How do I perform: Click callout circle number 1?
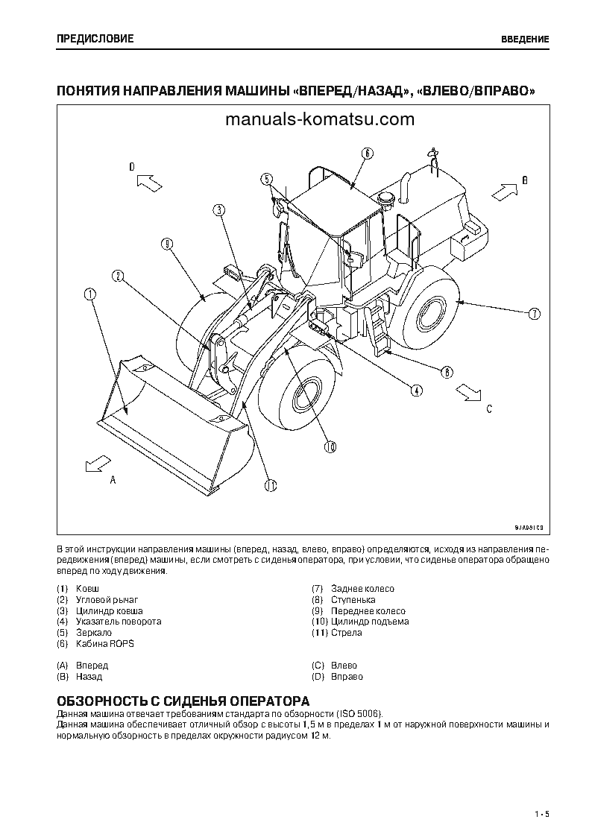pos(90,295)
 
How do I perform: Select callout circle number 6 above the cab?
pos(367,154)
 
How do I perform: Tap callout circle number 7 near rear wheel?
pos(534,314)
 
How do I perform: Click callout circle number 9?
pos(166,244)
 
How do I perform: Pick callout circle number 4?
pos(416,389)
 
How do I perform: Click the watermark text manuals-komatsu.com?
pos(318,119)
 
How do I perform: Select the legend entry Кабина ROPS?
pos(104,643)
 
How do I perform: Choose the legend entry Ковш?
pos(87,589)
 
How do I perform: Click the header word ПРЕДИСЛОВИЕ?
pos(95,39)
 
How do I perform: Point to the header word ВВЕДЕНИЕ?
pos(525,39)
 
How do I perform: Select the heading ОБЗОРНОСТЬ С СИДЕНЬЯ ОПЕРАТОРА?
pos(183,702)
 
